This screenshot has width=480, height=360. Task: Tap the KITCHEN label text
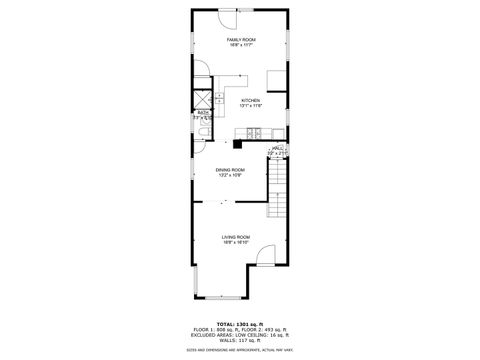coord(251,100)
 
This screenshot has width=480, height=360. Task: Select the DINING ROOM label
coord(229,170)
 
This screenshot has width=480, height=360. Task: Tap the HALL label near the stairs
coord(277,148)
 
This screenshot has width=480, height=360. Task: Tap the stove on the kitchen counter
coord(255,133)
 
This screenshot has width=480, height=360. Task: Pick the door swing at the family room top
coord(228,18)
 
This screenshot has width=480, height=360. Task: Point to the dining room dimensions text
coord(229,176)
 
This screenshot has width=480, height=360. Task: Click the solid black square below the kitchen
coord(238,142)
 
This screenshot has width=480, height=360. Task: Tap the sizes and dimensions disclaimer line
coord(240,350)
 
